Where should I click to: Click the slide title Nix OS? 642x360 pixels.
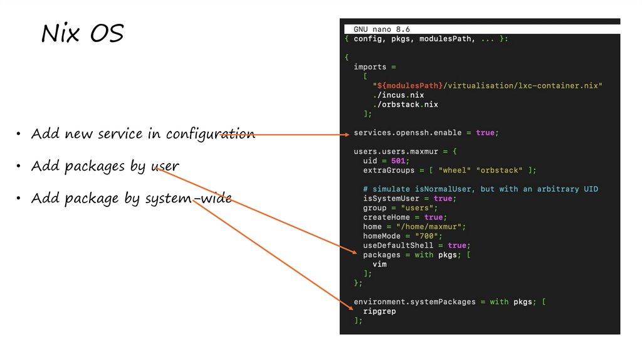pyautogui.click(x=82, y=34)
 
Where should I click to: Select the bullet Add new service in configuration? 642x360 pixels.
pyautogui.click(x=143, y=134)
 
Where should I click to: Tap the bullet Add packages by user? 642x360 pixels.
pyautogui.click(x=105, y=166)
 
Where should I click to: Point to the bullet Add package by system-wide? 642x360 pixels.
pyautogui.click(x=131, y=199)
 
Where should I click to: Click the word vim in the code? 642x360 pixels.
pyautogui.click(x=379, y=264)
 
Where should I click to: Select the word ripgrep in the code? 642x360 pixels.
pyautogui.click(x=379, y=311)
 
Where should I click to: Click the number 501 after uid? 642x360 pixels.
pyautogui.click(x=399, y=161)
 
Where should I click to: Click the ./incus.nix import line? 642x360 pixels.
pyautogui.click(x=398, y=95)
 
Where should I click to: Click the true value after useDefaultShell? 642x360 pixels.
pyautogui.click(x=457, y=245)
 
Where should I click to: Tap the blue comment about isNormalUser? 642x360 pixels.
pyautogui.click(x=480, y=189)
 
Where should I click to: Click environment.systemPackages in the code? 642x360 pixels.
pyautogui.click(x=414, y=302)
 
